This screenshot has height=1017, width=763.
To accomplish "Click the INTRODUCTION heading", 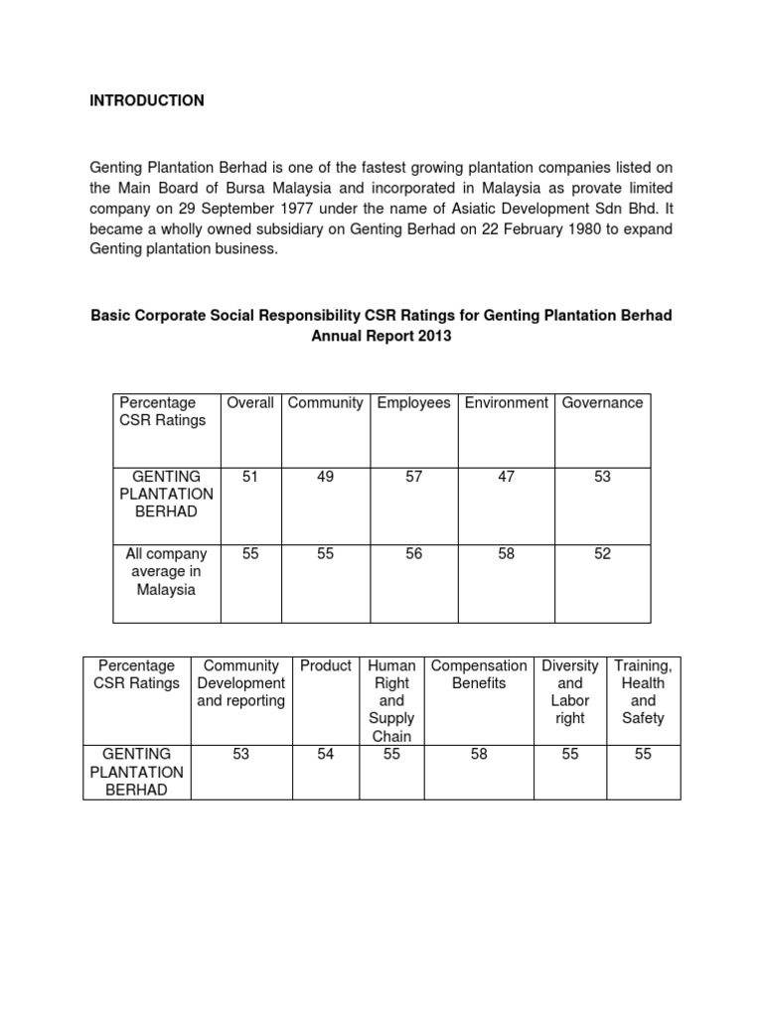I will click(147, 100).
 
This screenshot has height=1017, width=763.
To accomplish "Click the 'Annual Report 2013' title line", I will click(381, 336).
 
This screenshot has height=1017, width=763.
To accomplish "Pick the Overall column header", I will click(249, 403).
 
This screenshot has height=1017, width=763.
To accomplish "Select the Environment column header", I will click(506, 403).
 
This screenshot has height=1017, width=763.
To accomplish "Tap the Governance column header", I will click(602, 403).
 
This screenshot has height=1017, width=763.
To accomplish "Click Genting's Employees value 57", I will click(413, 478).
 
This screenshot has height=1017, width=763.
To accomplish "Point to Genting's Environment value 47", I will click(506, 478).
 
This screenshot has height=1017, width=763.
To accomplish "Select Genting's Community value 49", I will click(325, 478).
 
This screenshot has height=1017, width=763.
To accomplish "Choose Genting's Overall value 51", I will click(249, 478).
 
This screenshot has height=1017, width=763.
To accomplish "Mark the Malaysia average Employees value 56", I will click(413, 554).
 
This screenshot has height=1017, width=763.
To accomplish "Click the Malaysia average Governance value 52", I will click(602, 554).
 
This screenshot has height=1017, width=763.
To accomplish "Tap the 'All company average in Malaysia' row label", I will click(166, 572).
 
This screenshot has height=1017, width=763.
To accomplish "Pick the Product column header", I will click(326, 666).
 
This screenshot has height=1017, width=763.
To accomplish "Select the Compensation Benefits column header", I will click(479, 674).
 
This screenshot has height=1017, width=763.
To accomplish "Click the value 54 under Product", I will click(326, 755).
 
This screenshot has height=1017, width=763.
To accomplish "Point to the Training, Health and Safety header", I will click(643, 691).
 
